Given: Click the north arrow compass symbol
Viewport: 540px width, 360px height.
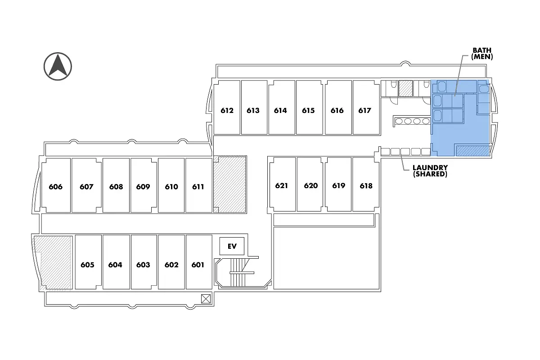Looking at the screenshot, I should point(58,66).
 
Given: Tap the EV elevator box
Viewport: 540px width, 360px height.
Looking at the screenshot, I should point(232,246).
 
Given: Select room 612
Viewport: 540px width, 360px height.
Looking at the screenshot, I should point(227,110).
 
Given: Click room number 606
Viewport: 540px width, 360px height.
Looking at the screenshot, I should point(56,187).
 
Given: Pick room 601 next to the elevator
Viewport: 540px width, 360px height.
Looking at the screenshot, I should point(198,265).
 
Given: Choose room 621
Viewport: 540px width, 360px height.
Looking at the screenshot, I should point(282,185).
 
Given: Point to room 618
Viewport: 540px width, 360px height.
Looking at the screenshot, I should point(366,185).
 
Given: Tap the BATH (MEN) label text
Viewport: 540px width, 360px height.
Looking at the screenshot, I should point(482,54).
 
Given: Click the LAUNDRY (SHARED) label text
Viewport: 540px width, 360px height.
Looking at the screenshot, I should point(430,171).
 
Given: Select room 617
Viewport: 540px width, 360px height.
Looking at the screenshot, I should point(364,110).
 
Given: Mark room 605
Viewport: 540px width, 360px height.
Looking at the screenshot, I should point(87,265).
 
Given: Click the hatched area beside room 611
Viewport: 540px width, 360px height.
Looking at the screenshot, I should point(229,184).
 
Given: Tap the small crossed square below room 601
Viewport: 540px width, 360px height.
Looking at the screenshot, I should point(206,298).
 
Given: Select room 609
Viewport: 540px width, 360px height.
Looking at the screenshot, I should point(143,187).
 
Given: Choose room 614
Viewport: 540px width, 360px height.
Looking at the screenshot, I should point(280,110).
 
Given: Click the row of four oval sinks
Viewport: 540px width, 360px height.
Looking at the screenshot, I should point(412,121).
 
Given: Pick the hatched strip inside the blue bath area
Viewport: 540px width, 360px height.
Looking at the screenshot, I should point(472,150).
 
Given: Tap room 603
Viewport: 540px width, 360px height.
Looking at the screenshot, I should point(143,265).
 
